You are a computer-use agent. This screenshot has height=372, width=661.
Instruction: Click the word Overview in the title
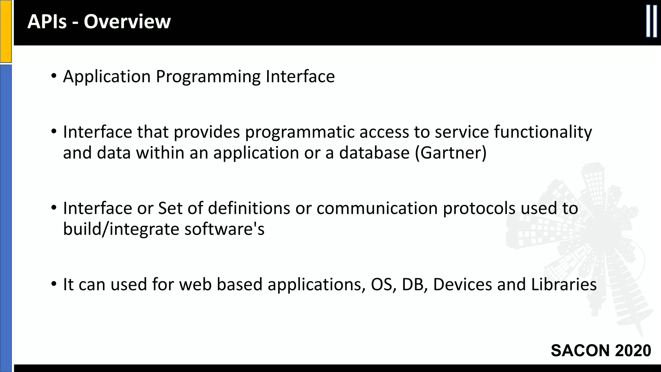point(127,22)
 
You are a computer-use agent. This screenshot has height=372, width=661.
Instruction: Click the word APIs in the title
point(47,22)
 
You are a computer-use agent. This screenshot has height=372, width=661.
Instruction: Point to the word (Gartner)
point(451,153)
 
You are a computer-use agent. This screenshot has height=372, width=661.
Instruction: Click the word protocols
point(479,209)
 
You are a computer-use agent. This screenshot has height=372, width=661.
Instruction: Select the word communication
point(377,208)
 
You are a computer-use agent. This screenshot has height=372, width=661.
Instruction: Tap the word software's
point(224,229)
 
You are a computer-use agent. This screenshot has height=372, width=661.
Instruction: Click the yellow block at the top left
point(5,31)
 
